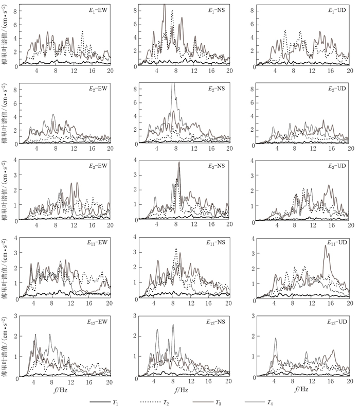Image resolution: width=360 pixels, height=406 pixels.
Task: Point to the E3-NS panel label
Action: [217, 166]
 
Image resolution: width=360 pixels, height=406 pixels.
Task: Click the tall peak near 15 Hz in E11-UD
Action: [326, 246]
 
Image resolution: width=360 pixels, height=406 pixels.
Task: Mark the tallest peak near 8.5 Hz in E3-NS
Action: [179, 163]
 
